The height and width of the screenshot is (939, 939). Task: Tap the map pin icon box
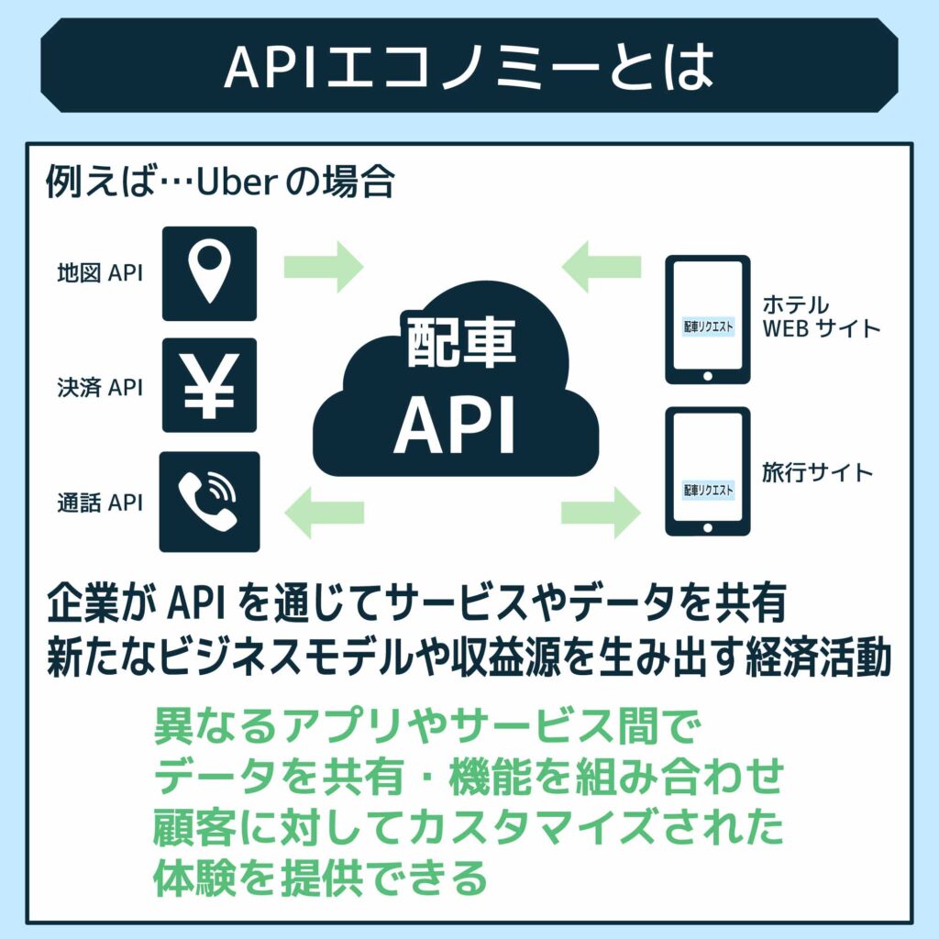209,273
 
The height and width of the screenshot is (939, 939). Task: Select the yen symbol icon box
209,385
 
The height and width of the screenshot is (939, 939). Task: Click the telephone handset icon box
209,501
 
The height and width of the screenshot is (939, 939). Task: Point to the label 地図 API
100,273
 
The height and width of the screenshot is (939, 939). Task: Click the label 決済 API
100,387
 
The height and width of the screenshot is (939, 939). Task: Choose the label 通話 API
100,503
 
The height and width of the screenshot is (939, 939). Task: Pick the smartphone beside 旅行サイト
707,471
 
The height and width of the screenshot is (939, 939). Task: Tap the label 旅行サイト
817,473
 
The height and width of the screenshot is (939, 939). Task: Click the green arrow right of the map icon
324,267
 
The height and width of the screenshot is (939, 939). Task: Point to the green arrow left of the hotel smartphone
602,267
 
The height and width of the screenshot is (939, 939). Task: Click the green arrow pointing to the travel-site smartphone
602,511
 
